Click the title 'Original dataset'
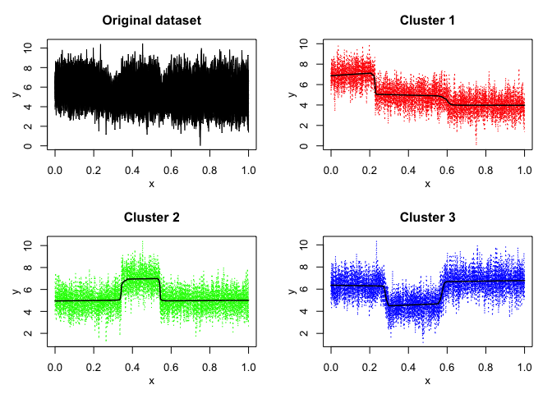tap(151, 19)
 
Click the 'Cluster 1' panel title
tap(427, 19)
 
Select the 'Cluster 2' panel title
tap(151, 218)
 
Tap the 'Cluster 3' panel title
tap(427, 218)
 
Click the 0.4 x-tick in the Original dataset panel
tap(132, 165)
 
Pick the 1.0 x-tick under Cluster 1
tap(524, 165)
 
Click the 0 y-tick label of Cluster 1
tap(305, 146)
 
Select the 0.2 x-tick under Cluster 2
tap(94, 364)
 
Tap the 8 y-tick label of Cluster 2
tap(29, 267)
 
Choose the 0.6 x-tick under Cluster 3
tap(447, 364)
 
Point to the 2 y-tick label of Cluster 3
tap(305, 333)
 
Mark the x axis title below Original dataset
tap(151, 183)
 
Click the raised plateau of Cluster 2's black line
tap(140, 279)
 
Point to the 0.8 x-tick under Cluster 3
tap(485, 364)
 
